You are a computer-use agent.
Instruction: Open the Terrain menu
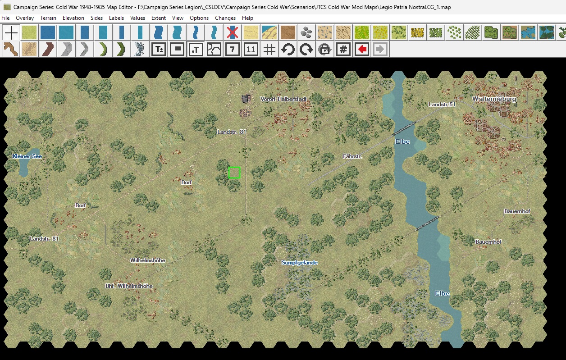click(x=48, y=18)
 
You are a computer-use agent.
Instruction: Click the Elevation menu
click(x=73, y=18)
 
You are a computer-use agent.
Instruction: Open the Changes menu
click(x=225, y=18)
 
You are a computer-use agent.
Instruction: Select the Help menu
click(x=247, y=18)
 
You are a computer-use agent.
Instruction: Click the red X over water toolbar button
click(x=233, y=32)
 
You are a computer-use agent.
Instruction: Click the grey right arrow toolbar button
click(x=380, y=49)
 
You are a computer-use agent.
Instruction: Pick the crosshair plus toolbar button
click(x=11, y=32)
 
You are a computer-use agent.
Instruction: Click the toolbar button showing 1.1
click(x=251, y=49)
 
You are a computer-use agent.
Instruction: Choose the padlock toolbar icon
click(x=324, y=49)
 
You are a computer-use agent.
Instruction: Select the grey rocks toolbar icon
click(x=306, y=32)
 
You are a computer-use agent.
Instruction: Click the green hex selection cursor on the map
click(x=234, y=173)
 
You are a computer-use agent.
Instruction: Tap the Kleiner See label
click(x=27, y=156)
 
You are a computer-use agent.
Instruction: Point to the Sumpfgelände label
click(x=300, y=262)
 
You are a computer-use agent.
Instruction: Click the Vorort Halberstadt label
click(x=283, y=99)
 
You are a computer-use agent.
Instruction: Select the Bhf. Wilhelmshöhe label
click(x=129, y=286)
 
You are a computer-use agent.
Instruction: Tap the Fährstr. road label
click(x=352, y=156)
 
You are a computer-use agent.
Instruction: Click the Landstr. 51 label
click(x=442, y=104)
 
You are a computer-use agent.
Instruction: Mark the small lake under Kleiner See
click(x=24, y=168)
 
